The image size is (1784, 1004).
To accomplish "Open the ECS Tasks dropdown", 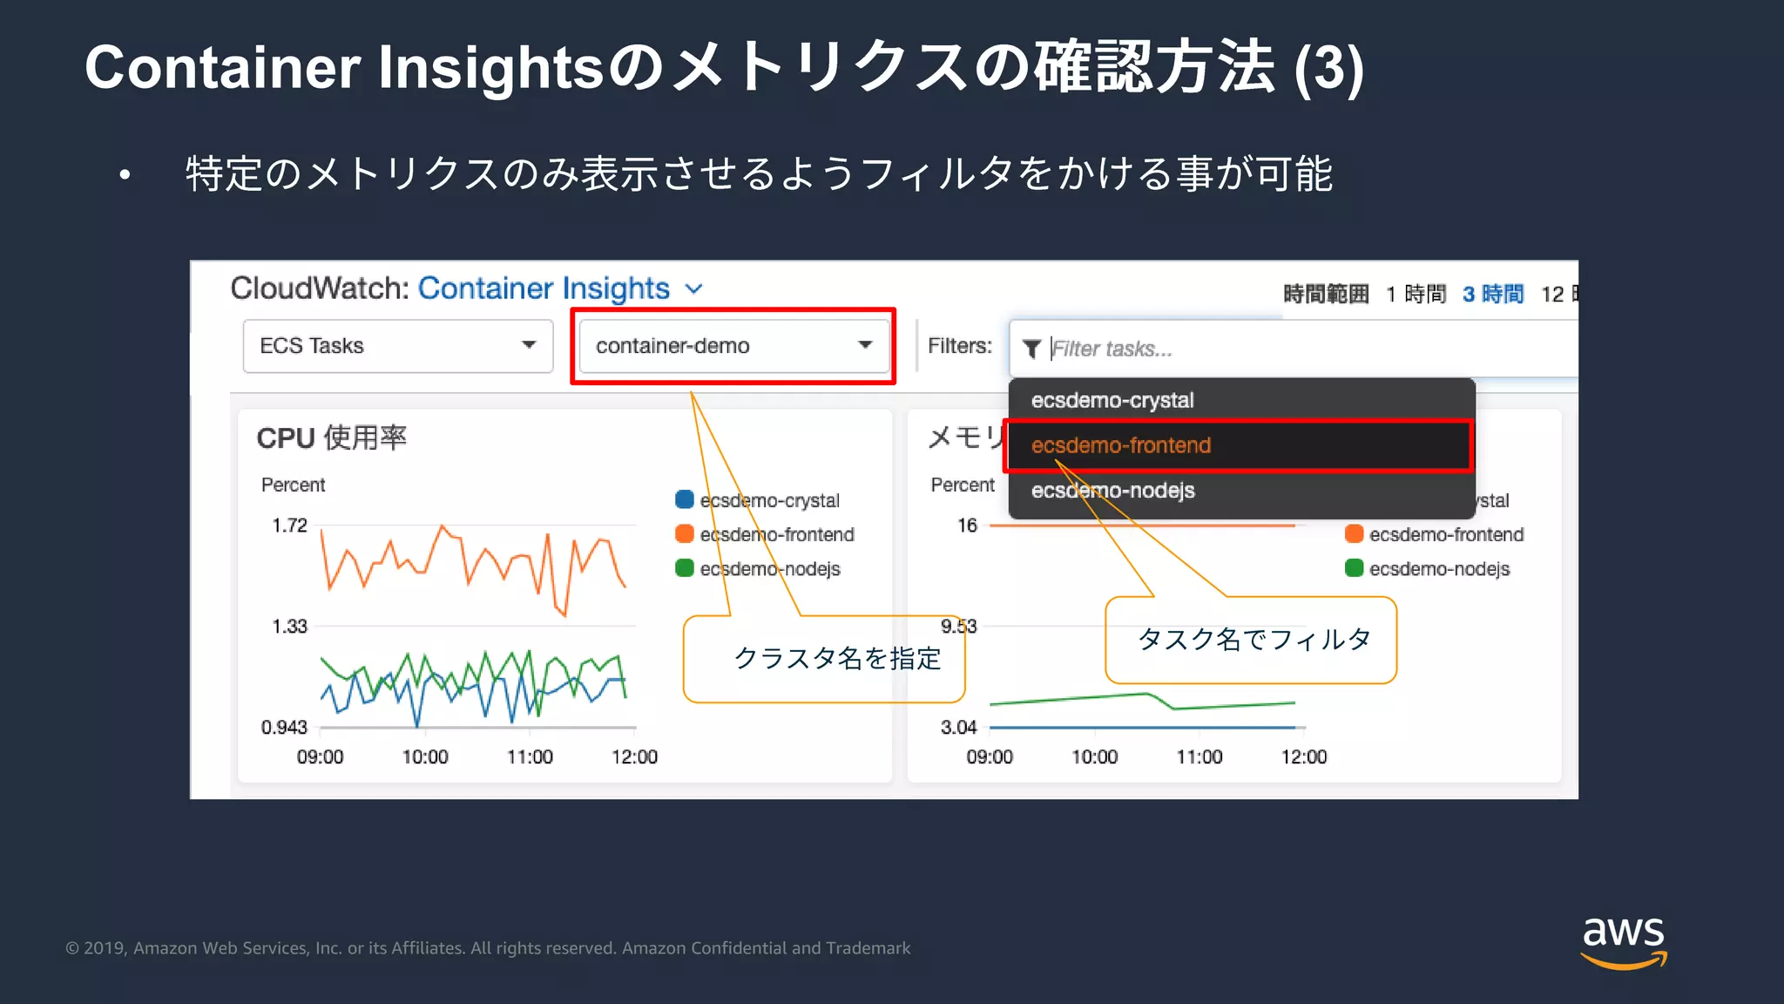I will pyautogui.click(x=397, y=346).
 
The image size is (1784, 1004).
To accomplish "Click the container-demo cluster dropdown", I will pyautogui.click(x=733, y=346).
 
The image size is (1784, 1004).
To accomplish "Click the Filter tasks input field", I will pyautogui.click(x=1307, y=349).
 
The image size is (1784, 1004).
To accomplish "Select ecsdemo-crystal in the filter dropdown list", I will pyautogui.click(x=1112, y=400).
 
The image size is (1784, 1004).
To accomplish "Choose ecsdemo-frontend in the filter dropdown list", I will pyautogui.click(x=1121, y=445).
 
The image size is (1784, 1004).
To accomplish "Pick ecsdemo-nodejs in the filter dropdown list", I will pyautogui.click(x=1112, y=491).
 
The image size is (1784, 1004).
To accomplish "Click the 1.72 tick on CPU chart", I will pyautogui.click(x=289, y=526).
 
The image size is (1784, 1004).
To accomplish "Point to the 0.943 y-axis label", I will pyautogui.click(x=284, y=727).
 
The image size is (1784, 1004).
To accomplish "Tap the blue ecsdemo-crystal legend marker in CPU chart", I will pyautogui.click(x=685, y=499).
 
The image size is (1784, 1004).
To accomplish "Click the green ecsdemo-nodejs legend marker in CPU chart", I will pyautogui.click(x=685, y=568).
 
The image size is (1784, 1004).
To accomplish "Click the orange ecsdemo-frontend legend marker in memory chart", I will pyautogui.click(x=1354, y=533).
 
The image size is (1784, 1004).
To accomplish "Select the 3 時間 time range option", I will pyautogui.click(x=1493, y=295).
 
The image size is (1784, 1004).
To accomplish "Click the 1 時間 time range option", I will pyautogui.click(x=1416, y=295).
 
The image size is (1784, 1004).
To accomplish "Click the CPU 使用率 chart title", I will pyautogui.click(x=331, y=438).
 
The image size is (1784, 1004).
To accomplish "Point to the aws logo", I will pyautogui.click(x=1623, y=941).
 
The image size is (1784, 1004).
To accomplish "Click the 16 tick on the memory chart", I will pyautogui.click(x=967, y=526).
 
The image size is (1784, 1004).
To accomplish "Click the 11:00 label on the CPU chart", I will pyautogui.click(x=530, y=756).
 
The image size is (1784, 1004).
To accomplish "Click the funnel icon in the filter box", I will pyautogui.click(x=1031, y=349).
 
